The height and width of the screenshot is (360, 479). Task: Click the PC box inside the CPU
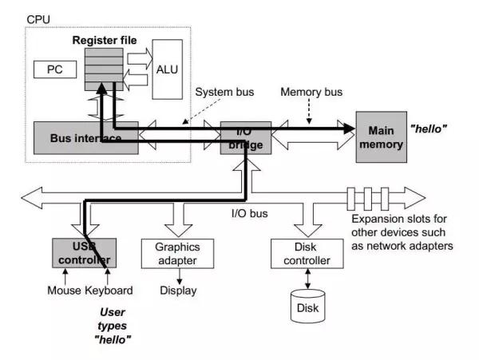(x=55, y=69)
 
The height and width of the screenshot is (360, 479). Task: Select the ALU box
(x=168, y=69)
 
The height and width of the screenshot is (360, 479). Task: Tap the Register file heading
(x=105, y=40)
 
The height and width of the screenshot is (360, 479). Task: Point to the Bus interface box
(x=86, y=138)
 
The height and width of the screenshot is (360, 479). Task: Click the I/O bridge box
(x=246, y=138)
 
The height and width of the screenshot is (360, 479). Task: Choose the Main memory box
(x=382, y=137)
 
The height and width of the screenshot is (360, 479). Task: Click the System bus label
(x=224, y=92)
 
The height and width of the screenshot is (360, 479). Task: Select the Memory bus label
(x=311, y=92)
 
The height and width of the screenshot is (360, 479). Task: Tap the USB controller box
(x=85, y=253)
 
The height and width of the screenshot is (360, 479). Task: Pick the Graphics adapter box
(x=177, y=254)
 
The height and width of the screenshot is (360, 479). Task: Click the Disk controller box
(x=307, y=254)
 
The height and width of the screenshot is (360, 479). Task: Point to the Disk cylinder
(x=307, y=307)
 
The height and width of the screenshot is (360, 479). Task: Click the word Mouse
(x=64, y=291)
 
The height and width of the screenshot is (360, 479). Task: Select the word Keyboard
(x=109, y=291)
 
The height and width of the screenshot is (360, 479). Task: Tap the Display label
(x=178, y=291)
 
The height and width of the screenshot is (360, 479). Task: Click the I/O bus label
(x=250, y=213)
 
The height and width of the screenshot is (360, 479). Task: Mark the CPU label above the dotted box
(x=38, y=19)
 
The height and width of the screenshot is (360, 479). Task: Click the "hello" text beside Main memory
(x=428, y=129)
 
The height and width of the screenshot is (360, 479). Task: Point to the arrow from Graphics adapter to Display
(x=180, y=276)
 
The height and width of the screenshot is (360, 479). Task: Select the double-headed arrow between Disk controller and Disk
(x=307, y=279)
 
